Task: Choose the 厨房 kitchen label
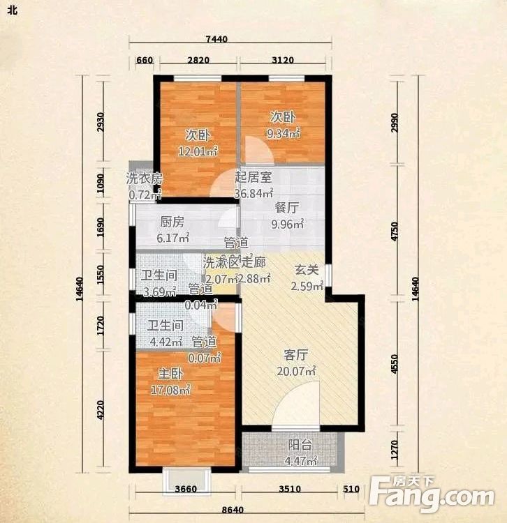[172, 222]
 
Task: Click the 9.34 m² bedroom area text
[284, 132]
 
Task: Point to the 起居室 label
[253, 176]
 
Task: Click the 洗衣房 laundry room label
[144, 179]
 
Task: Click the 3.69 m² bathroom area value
[157, 291]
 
